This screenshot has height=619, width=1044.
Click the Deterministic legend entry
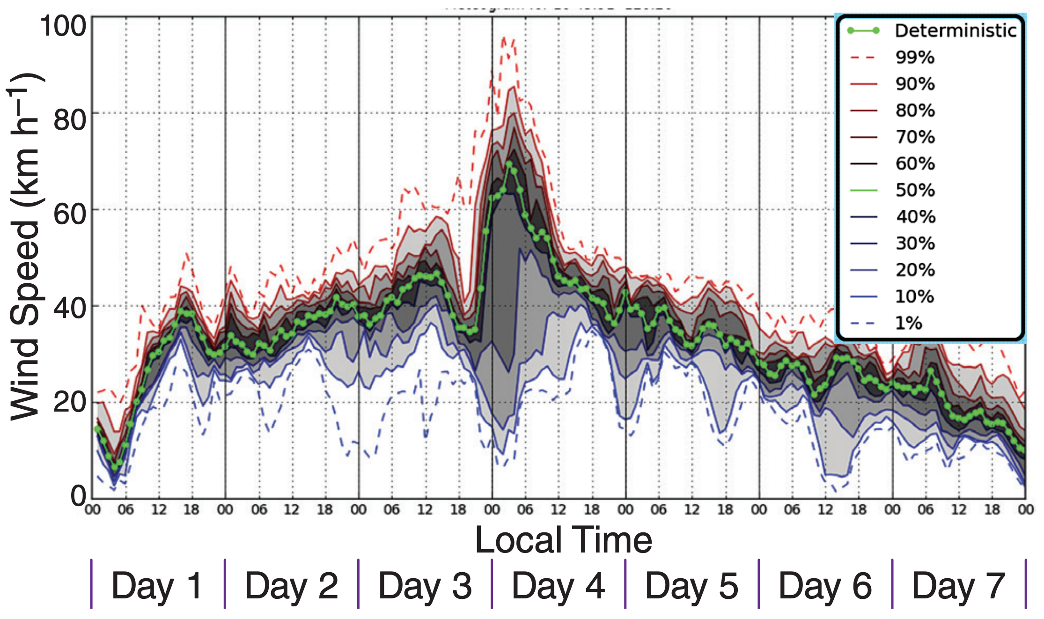955,31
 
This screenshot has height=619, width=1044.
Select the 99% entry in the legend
915,58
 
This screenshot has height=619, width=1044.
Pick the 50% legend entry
915,190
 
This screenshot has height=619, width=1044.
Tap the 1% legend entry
908,323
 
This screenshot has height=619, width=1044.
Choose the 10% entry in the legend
914,296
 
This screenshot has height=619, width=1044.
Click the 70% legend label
915,137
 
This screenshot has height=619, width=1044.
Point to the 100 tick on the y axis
63,26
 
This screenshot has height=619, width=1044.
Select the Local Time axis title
563,540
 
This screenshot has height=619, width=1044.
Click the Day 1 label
157,586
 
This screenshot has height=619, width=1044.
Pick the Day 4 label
558,586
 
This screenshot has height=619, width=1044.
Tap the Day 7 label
958,586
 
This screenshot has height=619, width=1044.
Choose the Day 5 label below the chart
691,586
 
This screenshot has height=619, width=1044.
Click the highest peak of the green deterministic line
509,163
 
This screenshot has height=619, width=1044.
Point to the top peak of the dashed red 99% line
504,37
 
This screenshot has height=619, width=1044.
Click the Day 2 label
291,586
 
